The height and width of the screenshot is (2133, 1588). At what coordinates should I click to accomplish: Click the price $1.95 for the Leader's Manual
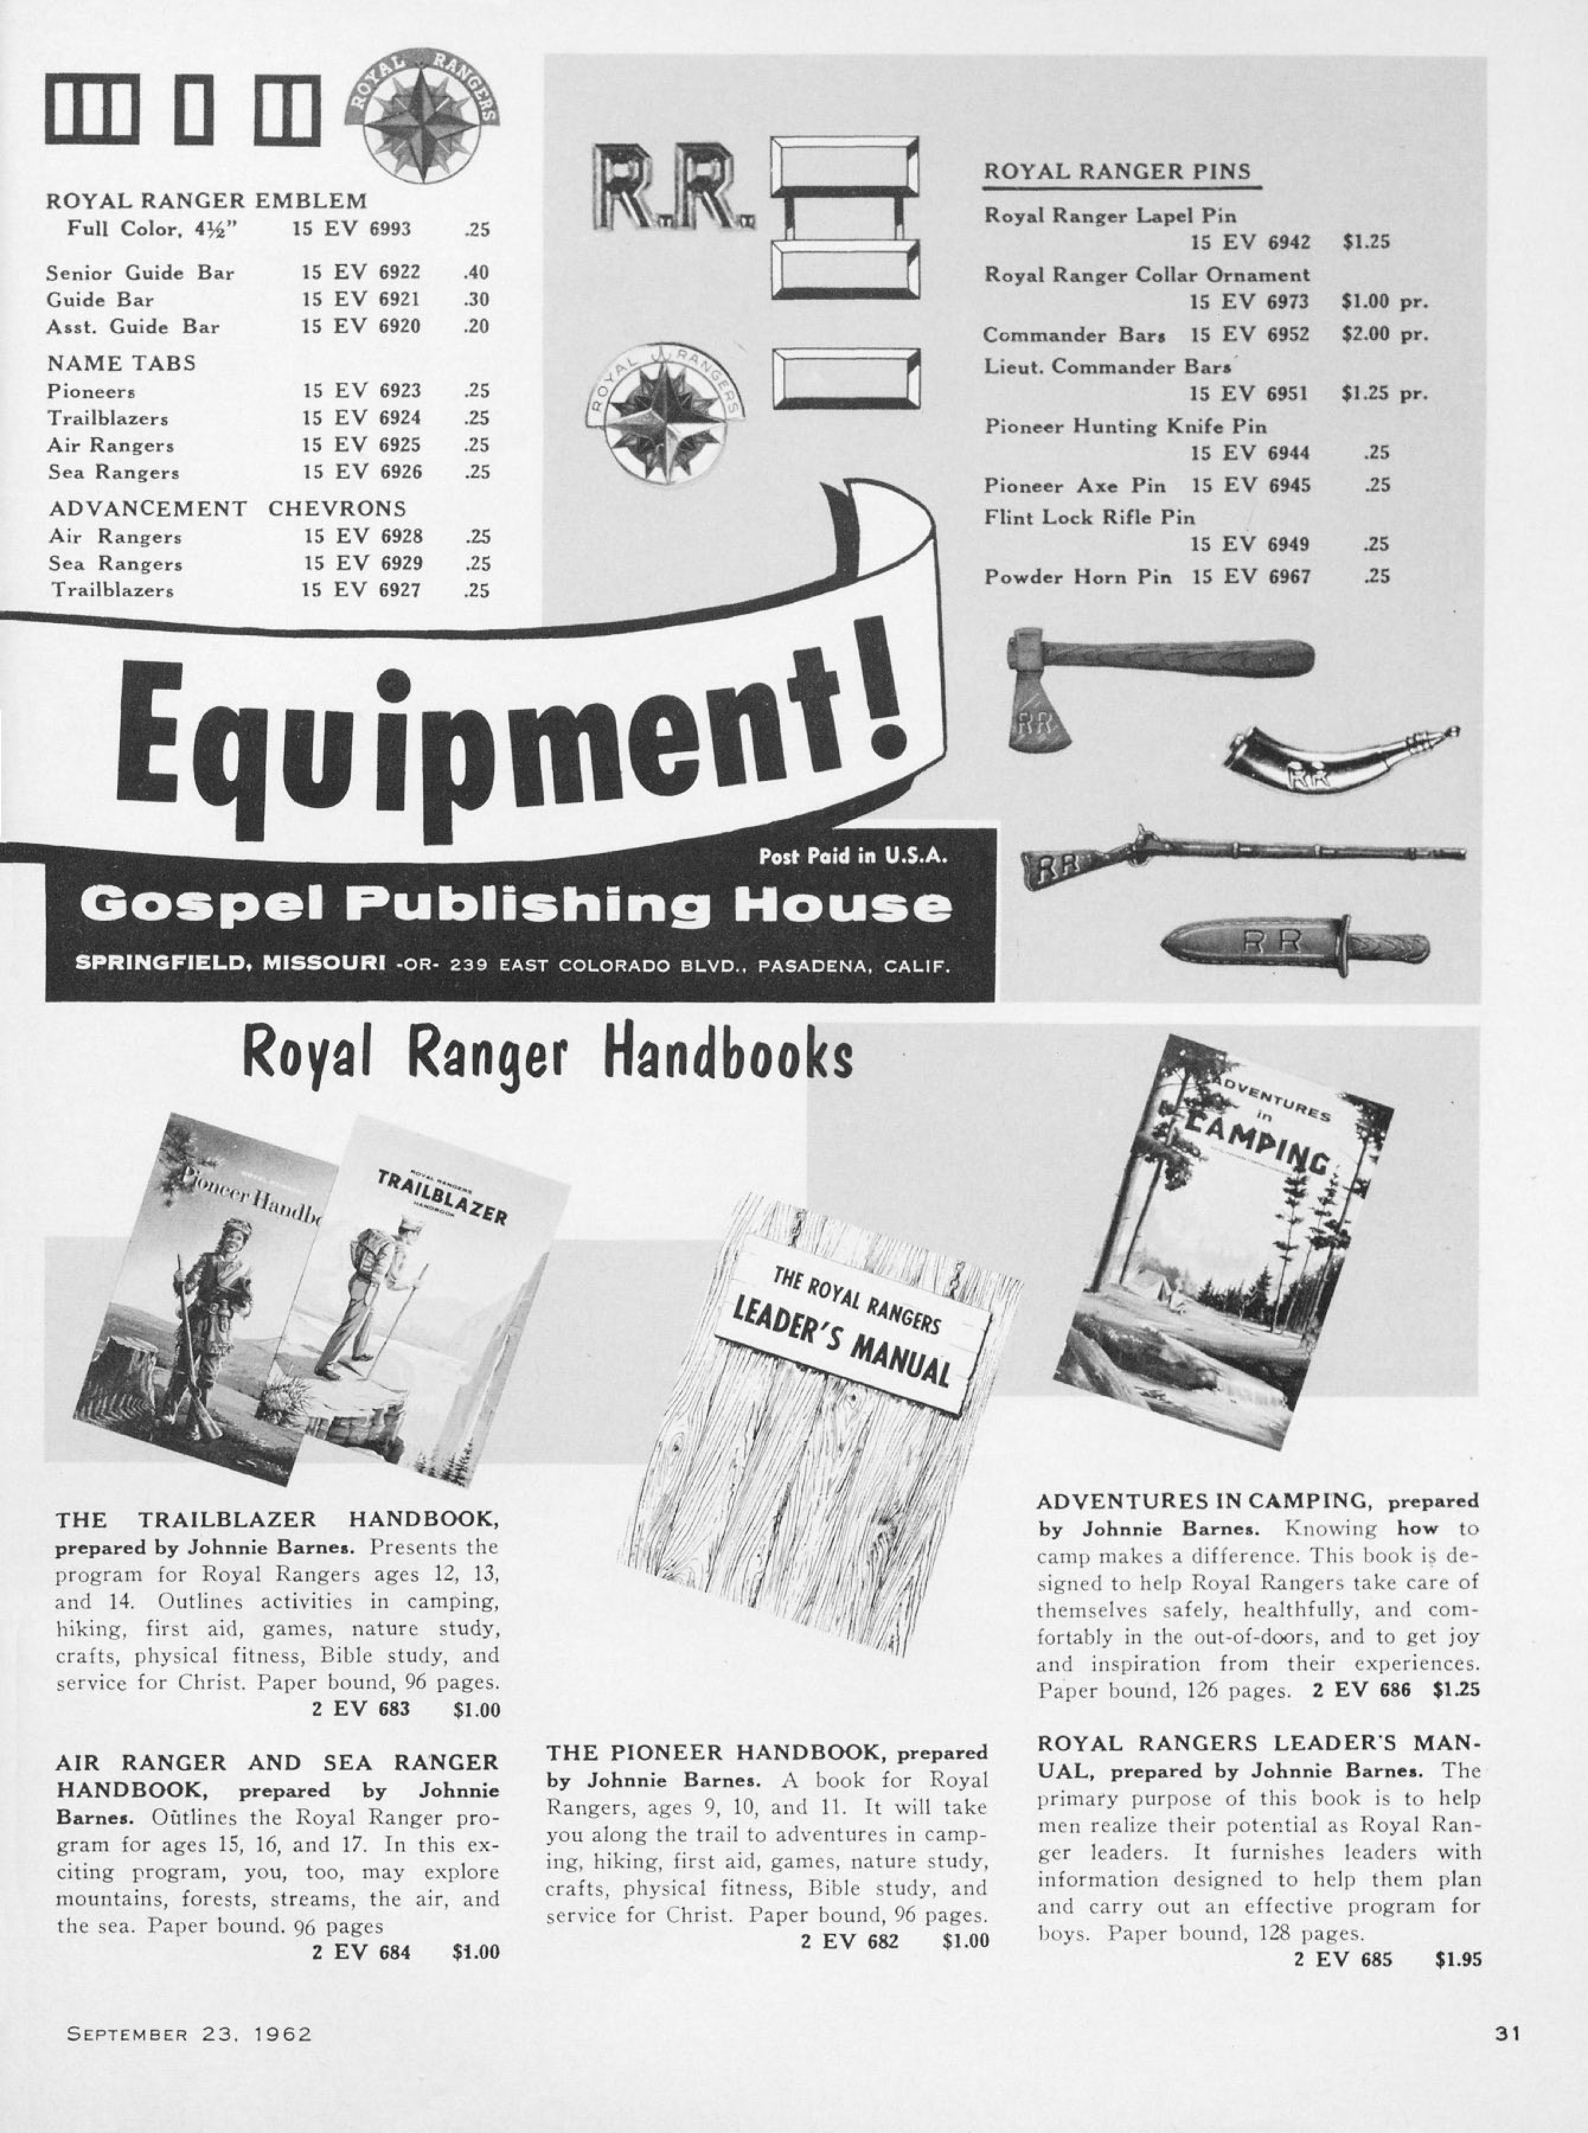point(1457,1958)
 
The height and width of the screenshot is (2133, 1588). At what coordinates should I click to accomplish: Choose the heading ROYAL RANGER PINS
point(1117,172)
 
